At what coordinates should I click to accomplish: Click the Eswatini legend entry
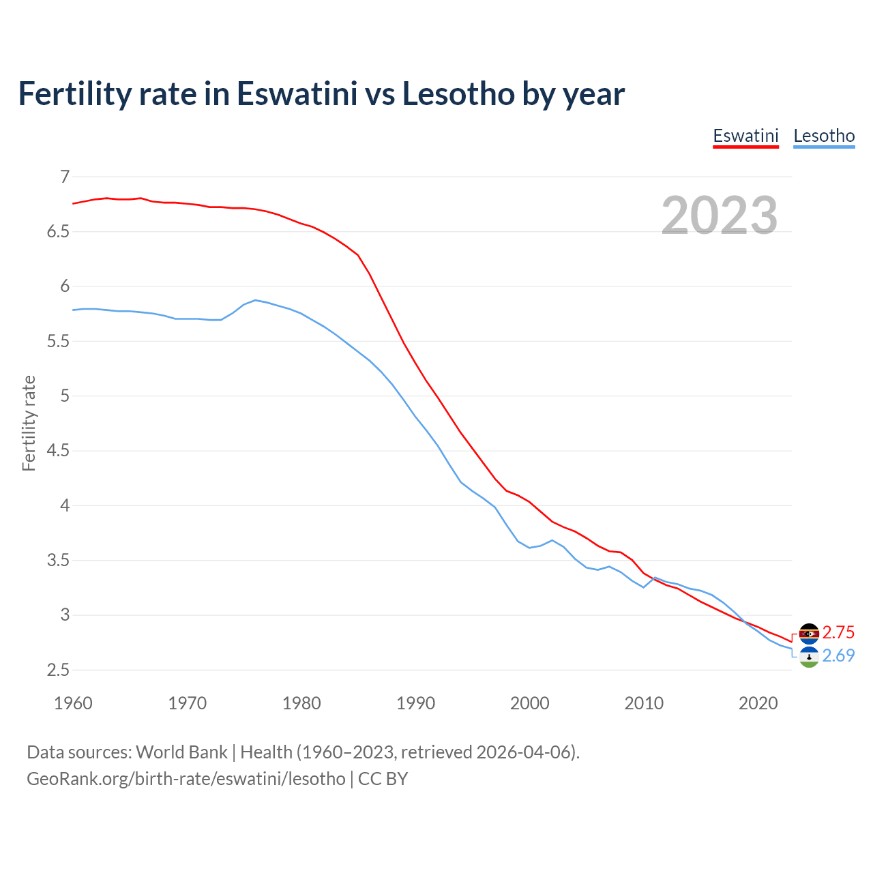[745, 136]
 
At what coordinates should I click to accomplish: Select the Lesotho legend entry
[824, 136]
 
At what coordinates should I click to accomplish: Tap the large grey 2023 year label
[720, 216]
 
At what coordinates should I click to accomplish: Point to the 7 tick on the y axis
[65, 177]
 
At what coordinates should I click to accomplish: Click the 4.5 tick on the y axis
[59, 451]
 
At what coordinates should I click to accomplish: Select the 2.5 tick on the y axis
[59, 670]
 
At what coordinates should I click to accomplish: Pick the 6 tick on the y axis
[65, 286]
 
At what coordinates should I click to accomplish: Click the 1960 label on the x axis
[73, 703]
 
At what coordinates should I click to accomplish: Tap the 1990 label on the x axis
[415, 703]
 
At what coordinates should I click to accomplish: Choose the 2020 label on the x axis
[758, 703]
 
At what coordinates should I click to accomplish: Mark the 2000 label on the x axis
[529, 703]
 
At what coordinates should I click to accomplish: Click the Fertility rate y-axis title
[29, 423]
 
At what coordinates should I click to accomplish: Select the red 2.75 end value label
[838, 632]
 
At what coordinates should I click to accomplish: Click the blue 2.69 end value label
[838, 655]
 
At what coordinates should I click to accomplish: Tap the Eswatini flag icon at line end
[809, 634]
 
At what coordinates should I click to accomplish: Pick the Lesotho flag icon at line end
[809, 657]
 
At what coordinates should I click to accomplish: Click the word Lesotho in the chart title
[458, 94]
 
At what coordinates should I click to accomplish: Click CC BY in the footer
[383, 779]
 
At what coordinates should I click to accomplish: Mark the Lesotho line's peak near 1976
[255, 300]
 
